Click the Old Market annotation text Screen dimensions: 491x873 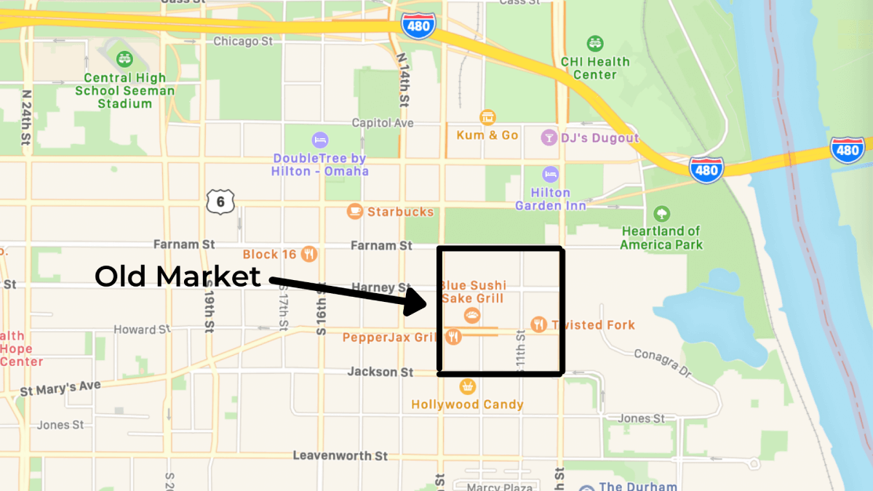178,276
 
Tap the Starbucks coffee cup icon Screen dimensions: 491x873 355,212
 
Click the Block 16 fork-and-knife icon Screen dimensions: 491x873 309,254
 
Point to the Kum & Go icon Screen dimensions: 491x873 487,117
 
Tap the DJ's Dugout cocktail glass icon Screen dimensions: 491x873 549,137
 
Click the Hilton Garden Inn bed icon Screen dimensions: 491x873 551,175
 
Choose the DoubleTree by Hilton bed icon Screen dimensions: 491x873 319,139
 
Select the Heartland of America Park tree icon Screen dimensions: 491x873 661,214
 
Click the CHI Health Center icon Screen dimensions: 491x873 595,43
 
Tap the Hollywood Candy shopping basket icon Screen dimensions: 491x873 467,386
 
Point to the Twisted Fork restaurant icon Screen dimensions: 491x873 538,324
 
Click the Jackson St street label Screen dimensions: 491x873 380,372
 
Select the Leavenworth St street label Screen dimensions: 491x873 340,455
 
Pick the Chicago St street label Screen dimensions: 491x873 242,41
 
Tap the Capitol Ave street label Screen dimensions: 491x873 383,123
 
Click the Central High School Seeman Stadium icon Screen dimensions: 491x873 124,57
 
